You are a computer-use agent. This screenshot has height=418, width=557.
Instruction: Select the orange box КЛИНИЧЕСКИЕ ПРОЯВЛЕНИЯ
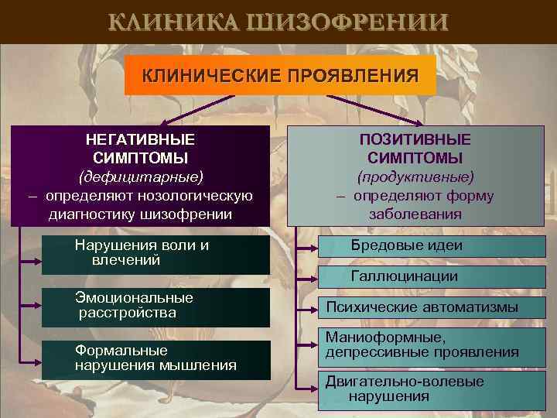pos(280,75)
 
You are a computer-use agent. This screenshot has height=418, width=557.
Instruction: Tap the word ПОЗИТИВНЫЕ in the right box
pos(415,140)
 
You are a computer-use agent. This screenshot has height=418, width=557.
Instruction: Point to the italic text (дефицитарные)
pos(140,177)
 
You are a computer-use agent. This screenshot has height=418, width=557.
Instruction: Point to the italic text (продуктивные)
pos(415,177)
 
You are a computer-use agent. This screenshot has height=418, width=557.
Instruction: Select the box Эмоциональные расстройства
pos(155,306)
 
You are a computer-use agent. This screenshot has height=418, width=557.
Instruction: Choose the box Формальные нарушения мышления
pos(155,358)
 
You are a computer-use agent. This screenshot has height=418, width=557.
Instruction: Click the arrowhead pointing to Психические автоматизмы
pos(316,308)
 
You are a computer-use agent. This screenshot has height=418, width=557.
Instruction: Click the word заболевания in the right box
pos(415,214)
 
